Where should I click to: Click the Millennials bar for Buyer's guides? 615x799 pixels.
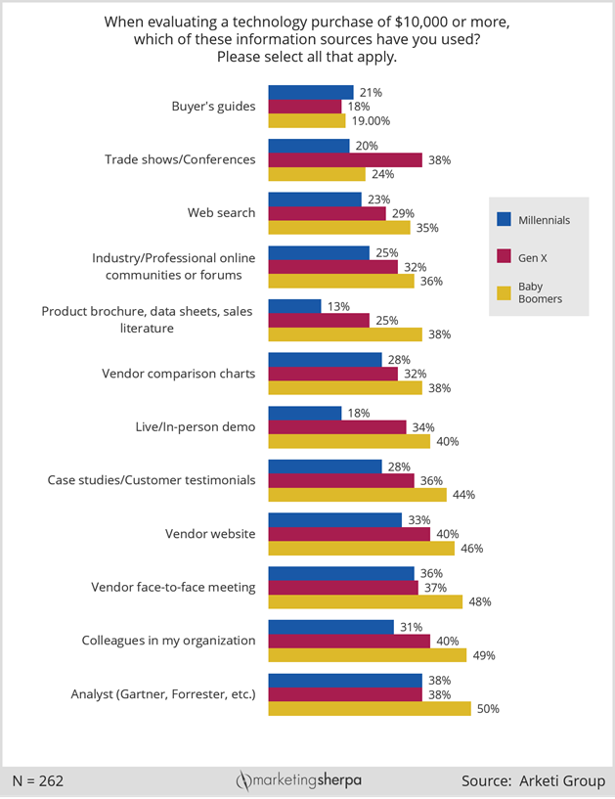[x=310, y=92]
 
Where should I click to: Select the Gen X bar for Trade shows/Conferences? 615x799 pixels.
[x=345, y=159]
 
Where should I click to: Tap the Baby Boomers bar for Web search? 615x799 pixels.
[x=339, y=228]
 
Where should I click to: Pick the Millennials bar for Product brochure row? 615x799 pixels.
[x=294, y=306]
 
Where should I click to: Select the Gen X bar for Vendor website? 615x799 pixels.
[x=349, y=534]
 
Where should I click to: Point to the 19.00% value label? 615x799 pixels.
[x=371, y=121]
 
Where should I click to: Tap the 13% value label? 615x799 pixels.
[x=337, y=306]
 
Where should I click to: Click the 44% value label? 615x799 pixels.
[x=464, y=495]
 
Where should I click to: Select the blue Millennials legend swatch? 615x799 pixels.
[x=505, y=220]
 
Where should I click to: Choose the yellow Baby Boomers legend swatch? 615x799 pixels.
[x=505, y=291]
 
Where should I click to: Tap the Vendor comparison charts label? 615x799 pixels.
[x=179, y=374]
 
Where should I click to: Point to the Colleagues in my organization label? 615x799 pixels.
[x=168, y=641]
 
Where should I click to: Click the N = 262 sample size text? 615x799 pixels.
[x=38, y=781]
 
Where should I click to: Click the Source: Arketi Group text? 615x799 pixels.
[x=533, y=781]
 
